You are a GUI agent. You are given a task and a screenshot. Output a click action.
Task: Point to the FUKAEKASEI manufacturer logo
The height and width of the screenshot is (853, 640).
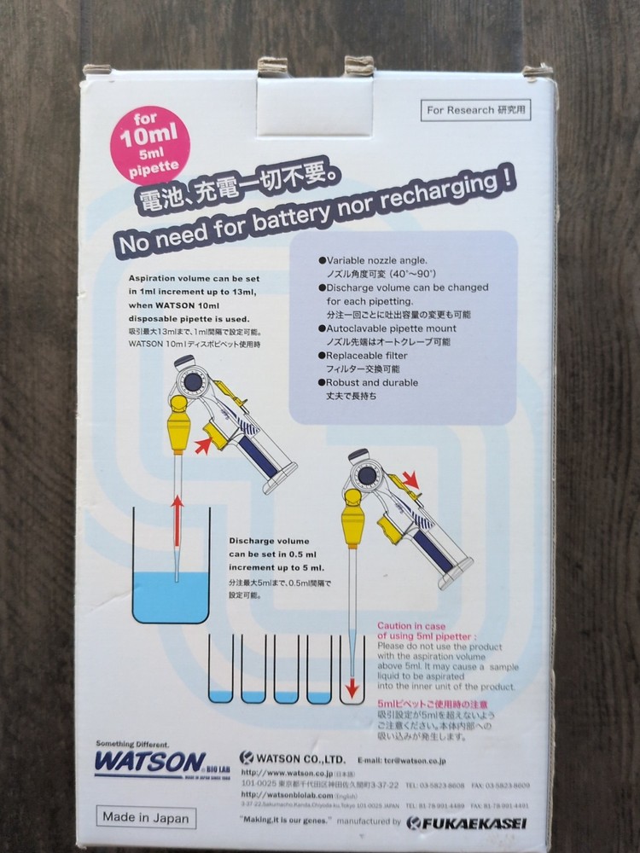pyautogui.click(x=467, y=823)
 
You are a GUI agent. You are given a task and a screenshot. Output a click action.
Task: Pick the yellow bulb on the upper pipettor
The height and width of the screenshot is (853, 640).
pyautogui.click(x=181, y=424)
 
